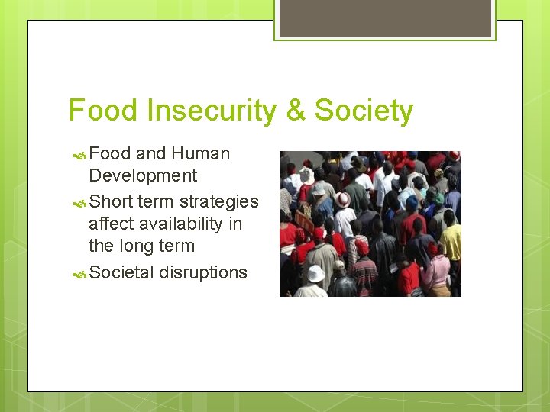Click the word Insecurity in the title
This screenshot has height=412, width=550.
point(211,111)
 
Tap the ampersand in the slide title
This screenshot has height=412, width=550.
point(294,111)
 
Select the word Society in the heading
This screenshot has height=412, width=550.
point(364,111)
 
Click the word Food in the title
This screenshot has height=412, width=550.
point(104,111)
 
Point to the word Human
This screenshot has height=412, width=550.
point(200,153)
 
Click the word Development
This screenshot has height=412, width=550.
point(143,175)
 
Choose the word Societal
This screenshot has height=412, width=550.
point(121,272)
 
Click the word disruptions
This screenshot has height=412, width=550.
point(203,272)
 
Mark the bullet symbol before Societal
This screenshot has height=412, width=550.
point(79,273)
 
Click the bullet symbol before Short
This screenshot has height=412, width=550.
point(79,202)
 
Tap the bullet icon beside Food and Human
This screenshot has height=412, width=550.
point(79,154)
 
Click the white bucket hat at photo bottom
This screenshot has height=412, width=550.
point(315,273)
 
